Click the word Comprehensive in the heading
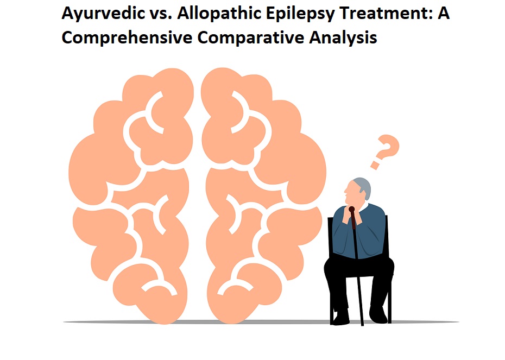pyautogui.click(x=127, y=38)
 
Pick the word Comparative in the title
pyautogui.click(x=250, y=38)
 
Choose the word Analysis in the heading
pyautogui.click(x=343, y=37)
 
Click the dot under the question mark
pyautogui.click(x=375, y=165)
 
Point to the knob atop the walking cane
pyautogui.click(x=352, y=210)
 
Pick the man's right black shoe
pyautogui.click(x=378, y=315)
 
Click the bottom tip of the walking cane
pyautogui.click(x=362, y=325)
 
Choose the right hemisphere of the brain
pyautogui.click(x=264, y=193)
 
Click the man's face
pyautogui.click(x=350, y=193)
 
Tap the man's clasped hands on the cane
pyautogui.click(x=352, y=215)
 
